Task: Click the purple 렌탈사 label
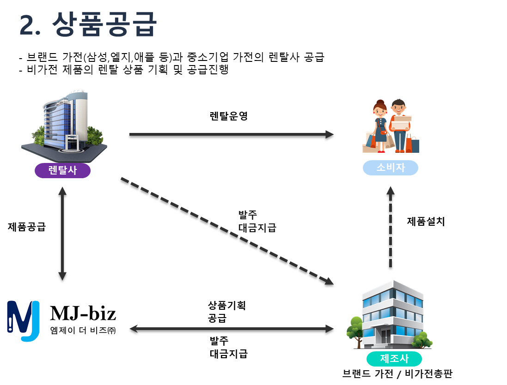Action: pos(62,171)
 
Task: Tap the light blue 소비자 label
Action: pos(391,168)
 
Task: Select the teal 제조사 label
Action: pos(394,358)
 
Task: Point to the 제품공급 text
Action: pos(27,227)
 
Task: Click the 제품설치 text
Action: pos(426,221)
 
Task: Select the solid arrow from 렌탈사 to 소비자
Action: pos(231,136)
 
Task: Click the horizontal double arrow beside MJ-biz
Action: pos(231,330)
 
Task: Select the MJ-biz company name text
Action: pos(83,314)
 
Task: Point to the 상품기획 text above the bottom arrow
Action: pos(227,306)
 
